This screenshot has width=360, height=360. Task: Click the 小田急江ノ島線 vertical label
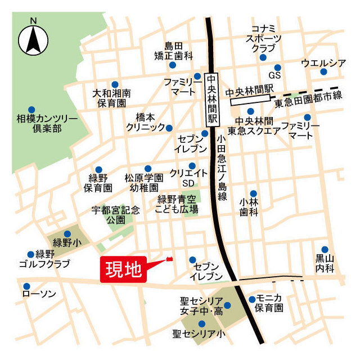tap(222, 165)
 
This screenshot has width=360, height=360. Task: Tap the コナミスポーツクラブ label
tap(263, 39)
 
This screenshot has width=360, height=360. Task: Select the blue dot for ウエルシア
tap(323, 72)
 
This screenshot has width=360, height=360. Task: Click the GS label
tap(274, 75)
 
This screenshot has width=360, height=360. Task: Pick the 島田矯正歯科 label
tap(174, 51)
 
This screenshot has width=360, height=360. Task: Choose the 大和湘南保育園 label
tap(111, 98)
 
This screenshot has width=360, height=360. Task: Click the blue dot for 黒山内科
tap(325, 250)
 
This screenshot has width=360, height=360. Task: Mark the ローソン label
tap(39, 294)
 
